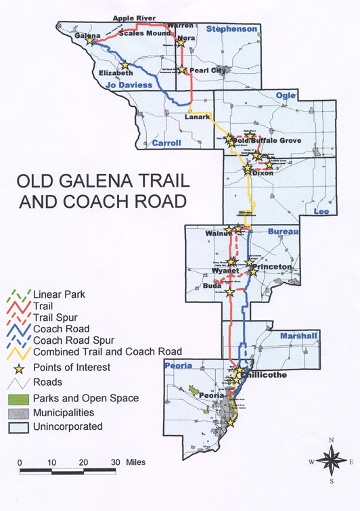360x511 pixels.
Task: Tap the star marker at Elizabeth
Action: [x=125, y=65]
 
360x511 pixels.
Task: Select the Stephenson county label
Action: [x=232, y=28]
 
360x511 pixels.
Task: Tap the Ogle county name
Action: [x=287, y=96]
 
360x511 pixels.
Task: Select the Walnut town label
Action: [x=218, y=234]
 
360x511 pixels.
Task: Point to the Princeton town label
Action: [x=274, y=267]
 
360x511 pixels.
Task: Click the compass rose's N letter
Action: [x=332, y=441]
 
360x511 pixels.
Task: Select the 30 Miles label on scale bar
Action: [x=130, y=462]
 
